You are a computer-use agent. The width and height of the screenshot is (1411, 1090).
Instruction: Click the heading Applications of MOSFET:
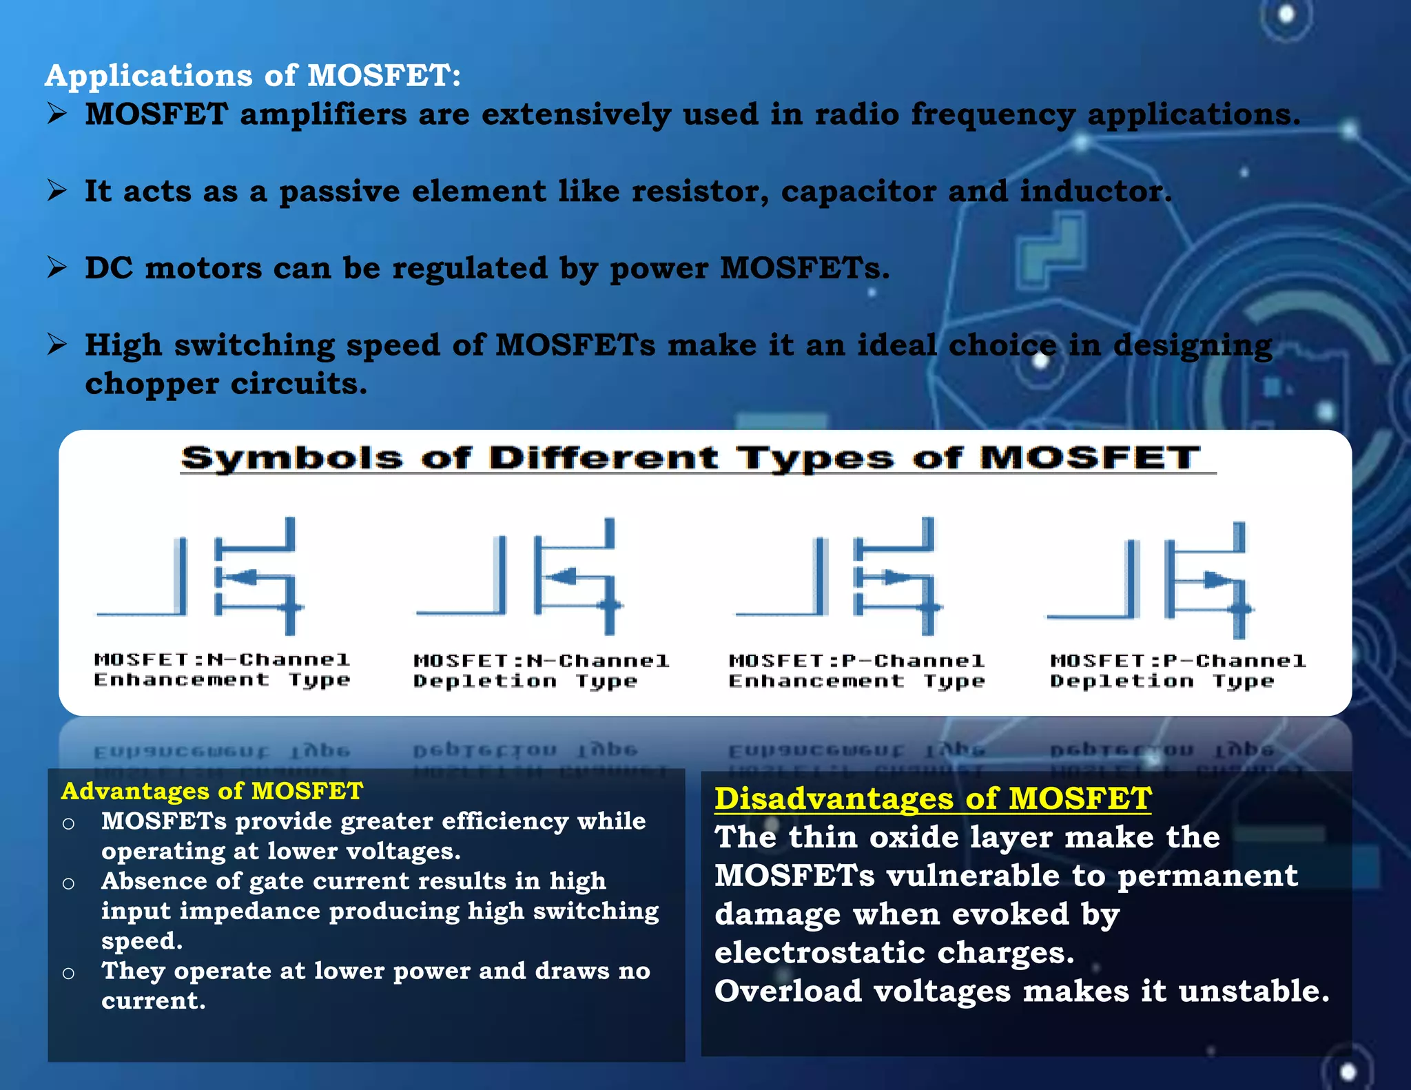pos(252,75)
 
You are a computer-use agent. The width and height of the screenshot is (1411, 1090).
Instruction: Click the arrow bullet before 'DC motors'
pos(57,267)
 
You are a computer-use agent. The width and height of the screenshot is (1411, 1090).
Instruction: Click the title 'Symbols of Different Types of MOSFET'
pos(691,458)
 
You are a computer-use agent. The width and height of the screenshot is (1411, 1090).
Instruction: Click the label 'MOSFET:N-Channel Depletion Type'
pos(540,671)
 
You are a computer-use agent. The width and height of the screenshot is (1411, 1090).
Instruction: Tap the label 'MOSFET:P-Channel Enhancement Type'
pos(856,671)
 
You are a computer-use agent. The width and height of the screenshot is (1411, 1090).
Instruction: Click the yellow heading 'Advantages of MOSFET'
pos(212,791)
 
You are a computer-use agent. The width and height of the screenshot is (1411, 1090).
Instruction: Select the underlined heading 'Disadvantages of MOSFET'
pos(932,799)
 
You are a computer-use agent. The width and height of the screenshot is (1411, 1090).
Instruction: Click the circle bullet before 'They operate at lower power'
pos(68,973)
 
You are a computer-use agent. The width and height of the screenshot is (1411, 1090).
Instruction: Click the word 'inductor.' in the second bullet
pos(1095,192)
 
